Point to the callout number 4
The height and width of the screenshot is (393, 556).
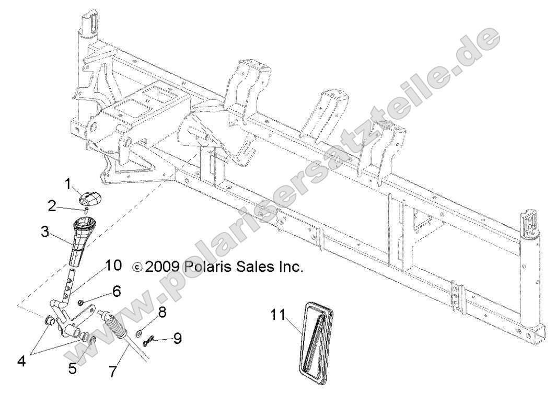click(21, 361)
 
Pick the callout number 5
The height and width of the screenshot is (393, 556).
click(72, 368)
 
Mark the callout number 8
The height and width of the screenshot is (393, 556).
click(163, 313)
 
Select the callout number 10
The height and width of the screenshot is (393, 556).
click(113, 265)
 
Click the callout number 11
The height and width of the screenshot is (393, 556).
click(278, 315)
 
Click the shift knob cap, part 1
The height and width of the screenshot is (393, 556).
click(91, 199)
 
